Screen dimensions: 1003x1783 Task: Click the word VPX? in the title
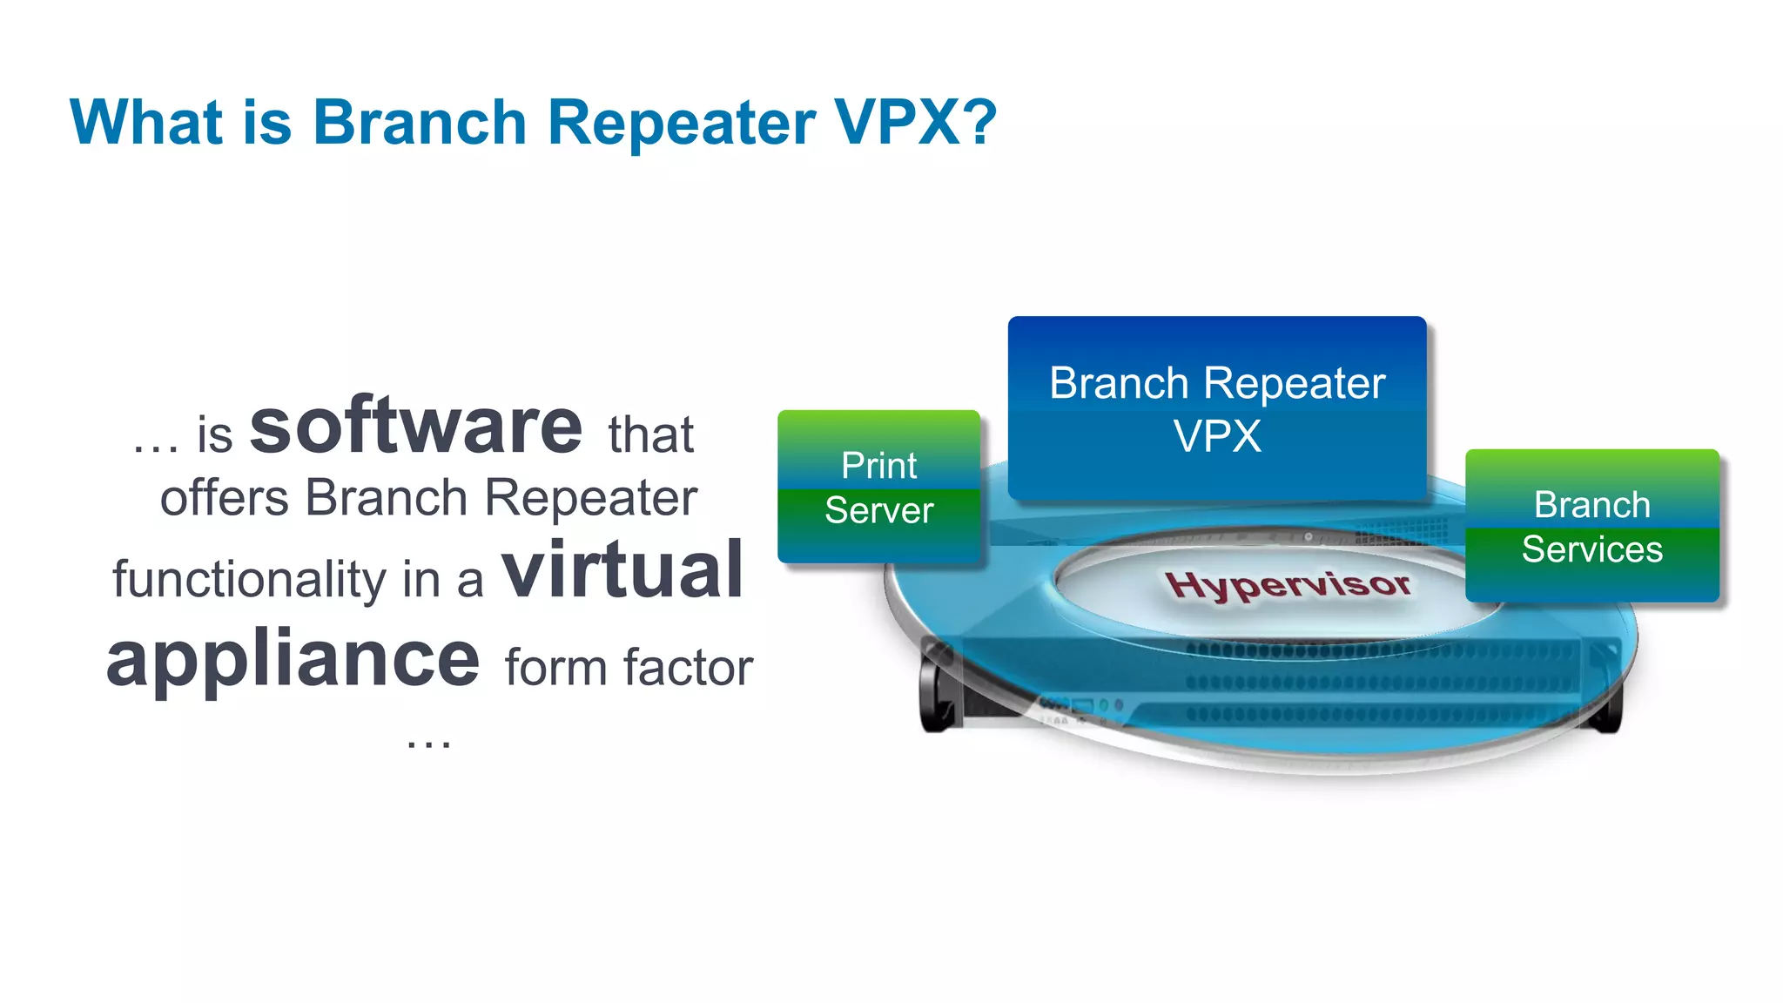[914, 122]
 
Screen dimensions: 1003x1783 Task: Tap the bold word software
[415, 427]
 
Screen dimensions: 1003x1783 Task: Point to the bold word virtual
[622, 570]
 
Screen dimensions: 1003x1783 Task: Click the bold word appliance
[293, 660]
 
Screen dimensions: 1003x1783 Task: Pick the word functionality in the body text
[249, 579]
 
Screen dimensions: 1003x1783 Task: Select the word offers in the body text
[224, 498]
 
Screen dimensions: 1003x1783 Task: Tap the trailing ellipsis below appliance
[428, 743]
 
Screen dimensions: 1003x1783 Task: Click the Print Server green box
[878, 487]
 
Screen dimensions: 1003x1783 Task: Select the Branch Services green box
[1591, 526]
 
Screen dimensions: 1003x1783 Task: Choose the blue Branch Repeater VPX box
[1216, 407]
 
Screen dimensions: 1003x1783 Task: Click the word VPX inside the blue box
[1217, 436]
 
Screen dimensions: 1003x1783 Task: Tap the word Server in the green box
[878, 510]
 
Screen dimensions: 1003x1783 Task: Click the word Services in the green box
[1591, 549]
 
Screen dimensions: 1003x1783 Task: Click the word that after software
[650, 434]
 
